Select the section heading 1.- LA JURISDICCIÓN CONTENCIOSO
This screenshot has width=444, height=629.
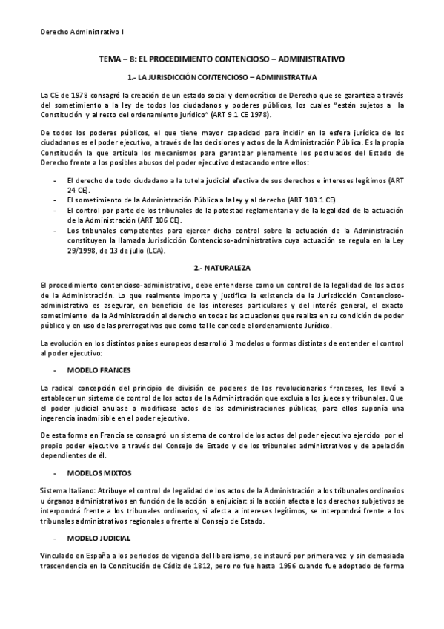point(222,76)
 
